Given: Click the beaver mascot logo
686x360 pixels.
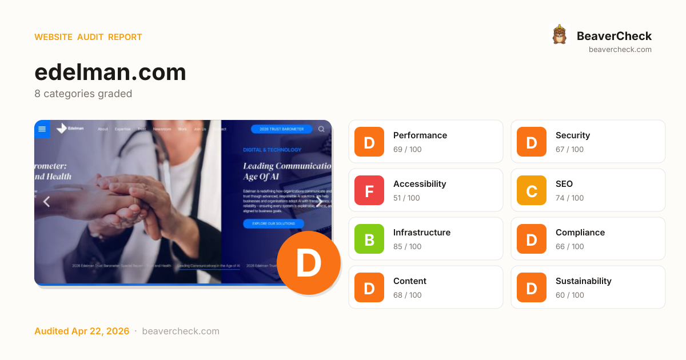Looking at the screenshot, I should (x=559, y=35).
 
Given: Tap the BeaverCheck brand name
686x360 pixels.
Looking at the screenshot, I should (x=614, y=36).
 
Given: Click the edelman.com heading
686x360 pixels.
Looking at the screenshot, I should (x=110, y=73).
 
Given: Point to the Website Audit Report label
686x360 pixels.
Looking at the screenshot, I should (x=88, y=37).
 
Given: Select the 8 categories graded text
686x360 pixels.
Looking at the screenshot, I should (x=83, y=94).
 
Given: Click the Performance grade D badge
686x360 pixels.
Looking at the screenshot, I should (x=369, y=142).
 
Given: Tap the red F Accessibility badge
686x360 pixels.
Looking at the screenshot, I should (x=369, y=190).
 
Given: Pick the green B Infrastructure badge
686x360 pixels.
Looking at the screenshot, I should (x=369, y=239).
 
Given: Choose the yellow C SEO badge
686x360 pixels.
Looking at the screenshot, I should (x=532, y=190).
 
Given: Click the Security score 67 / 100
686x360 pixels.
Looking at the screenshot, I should (x=569, y=150).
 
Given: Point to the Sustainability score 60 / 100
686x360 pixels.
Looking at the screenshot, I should (x=569, y=295).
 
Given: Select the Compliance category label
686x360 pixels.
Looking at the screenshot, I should (x=580, y=233).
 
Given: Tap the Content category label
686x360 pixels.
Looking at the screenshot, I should (x=409, y=281).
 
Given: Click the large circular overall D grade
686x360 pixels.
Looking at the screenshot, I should (x=309, y=263).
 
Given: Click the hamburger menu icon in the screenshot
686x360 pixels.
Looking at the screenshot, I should (x=42, y=129).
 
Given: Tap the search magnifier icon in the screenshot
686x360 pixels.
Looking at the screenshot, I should (x=321, y=129).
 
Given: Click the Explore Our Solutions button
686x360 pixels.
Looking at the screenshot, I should (x=273, y=223).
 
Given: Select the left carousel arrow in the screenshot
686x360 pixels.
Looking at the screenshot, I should (x=47, y=201).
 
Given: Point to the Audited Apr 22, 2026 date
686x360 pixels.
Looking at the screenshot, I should (x=81, y=331).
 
